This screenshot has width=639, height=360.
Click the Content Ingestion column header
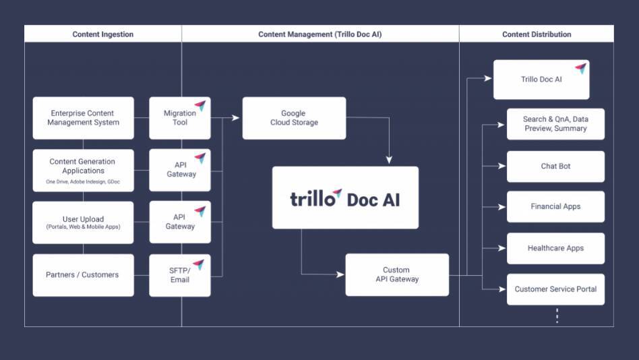pos(103,34)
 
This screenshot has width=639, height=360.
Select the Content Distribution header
pos(537,34)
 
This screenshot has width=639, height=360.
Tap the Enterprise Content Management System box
pos(83,118)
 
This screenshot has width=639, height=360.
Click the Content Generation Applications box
pos(83,170)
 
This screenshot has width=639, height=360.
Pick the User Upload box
pos(83,222)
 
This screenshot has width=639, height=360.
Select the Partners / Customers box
pos(83,275)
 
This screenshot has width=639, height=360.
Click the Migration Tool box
pos(180,118)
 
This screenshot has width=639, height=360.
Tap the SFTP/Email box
pos(180,275)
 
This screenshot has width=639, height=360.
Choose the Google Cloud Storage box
pos(294,118)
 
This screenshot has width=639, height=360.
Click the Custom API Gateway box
pos(397,274)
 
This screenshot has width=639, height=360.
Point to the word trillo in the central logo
pos(312,199)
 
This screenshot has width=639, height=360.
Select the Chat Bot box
pos(555,166)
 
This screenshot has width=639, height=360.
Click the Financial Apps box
pos(555,206)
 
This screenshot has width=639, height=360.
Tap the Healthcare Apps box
pos(555,248)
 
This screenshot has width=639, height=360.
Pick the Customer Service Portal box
pos(555,289)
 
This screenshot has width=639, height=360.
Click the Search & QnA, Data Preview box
pos(555,124)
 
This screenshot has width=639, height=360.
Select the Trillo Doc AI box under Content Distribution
pos(541,80)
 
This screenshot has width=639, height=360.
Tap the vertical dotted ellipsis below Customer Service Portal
pos(557,316)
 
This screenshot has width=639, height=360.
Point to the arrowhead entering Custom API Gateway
pos(340,274)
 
